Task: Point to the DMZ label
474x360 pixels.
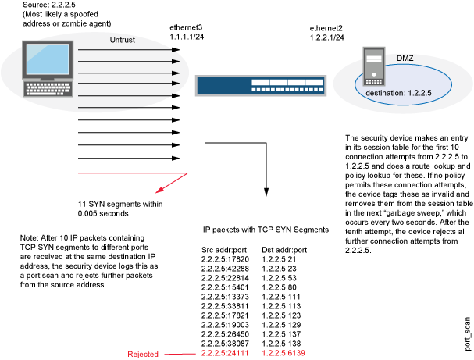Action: (406, 58)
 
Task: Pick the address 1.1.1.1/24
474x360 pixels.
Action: (188, 37)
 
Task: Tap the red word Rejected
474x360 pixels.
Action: (143, 354)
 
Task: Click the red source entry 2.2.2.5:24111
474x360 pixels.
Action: (224, 354)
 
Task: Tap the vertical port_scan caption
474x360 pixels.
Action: (465, 335)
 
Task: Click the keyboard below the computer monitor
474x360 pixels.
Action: (47, 88)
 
